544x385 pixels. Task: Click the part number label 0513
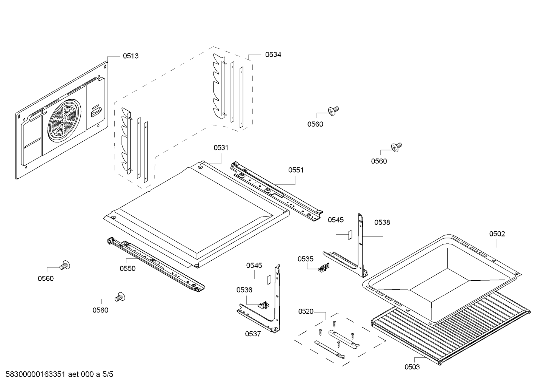tap(131, 56)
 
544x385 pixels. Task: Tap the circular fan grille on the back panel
tap(64, 118)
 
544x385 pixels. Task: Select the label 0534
tap(273, 54)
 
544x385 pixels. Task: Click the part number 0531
tap(221, 148)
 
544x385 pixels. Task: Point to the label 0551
tap(296, 170)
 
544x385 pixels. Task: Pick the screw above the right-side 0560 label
tap(397, 147)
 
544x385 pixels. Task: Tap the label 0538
tap(382, 223)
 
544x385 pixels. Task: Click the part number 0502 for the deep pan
tap(497, 234)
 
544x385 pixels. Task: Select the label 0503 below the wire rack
tap(412, 367)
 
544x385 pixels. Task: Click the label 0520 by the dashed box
tap(306, 311)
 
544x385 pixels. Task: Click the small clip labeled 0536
tap(263, 305)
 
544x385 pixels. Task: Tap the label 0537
tap(253, 334)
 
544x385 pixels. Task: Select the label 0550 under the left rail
tap(128, 269)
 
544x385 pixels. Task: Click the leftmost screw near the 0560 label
tap(65, 266)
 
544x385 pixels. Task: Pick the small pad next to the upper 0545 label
tap(350, 234)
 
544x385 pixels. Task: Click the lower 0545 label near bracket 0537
tap(254, 266)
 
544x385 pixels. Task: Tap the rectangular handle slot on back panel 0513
tap(95, 112)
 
